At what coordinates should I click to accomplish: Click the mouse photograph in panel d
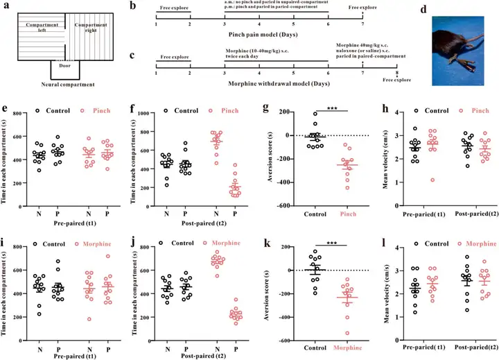click(x=456, y=49)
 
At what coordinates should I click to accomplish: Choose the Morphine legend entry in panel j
click(x=230, y=242)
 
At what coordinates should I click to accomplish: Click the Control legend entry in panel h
click(x=430, y=110)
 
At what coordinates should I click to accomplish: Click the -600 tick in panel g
click(x=278, y=206)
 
